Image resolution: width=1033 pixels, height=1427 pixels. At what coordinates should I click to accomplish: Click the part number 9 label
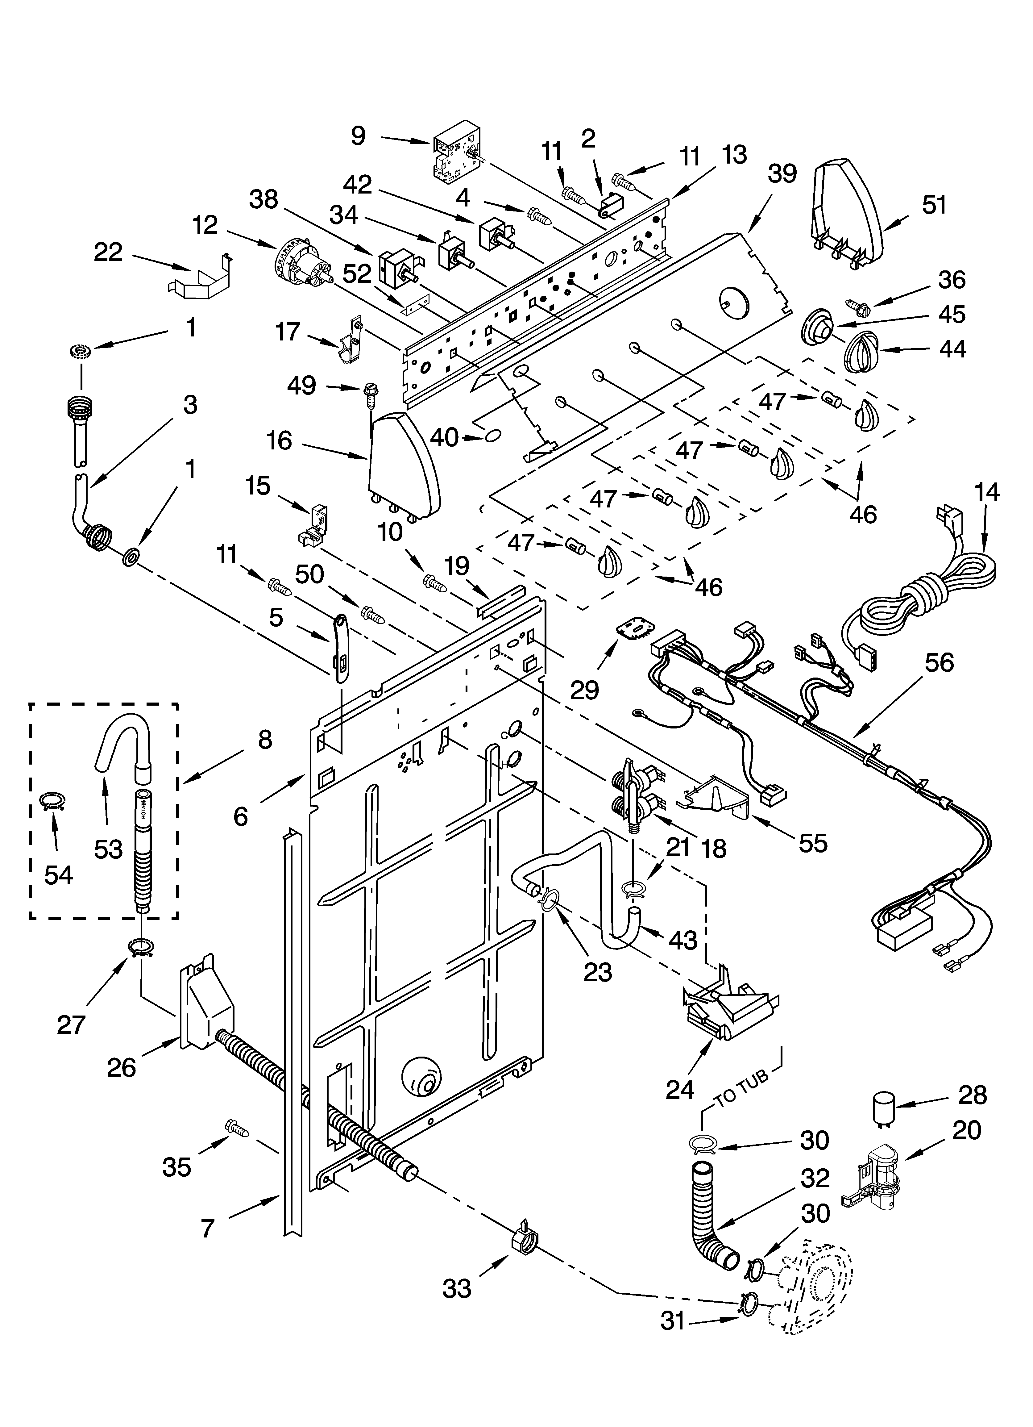tap(358, 135)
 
